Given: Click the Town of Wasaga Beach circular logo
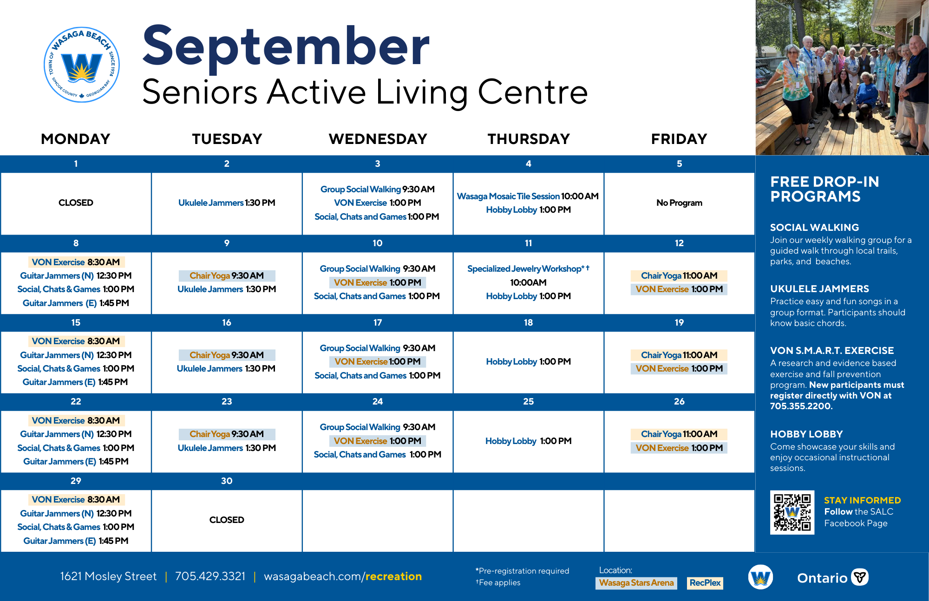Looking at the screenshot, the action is pos(82,65).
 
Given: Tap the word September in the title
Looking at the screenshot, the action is pos(286,47).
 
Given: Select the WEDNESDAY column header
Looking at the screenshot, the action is pos(378,139).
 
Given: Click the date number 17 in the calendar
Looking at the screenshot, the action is pos(378,322).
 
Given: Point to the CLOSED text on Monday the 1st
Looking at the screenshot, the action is pos(76,203).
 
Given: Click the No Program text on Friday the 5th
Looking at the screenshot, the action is pos(679,203).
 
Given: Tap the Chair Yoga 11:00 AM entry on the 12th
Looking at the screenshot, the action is pos(679,275).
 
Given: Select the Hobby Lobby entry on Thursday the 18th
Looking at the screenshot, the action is pos(528,361).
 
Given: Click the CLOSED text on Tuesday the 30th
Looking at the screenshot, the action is pos(227,520).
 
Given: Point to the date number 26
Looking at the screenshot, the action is pos(679,401).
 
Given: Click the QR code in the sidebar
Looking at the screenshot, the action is pos(792,512).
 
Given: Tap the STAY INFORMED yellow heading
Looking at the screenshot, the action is pos(862,500).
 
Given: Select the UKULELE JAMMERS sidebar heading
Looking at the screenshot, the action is pos(819,289).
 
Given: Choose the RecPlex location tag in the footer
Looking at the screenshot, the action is pos(705,583).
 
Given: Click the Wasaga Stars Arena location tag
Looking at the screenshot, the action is pos(636,583).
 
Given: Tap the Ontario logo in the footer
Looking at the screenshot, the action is pos(832,577).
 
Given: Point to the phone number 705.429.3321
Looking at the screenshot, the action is pos(210,576).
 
